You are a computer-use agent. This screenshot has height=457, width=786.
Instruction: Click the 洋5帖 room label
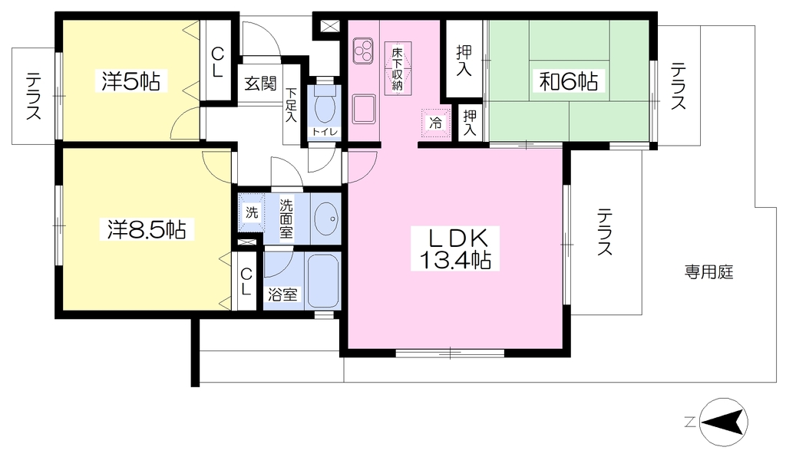point(130,81)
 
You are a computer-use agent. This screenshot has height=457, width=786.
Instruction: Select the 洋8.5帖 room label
point(147,230)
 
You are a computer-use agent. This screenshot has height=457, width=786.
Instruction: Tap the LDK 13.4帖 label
point(455,248)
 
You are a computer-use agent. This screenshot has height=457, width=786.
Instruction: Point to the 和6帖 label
point(569,81)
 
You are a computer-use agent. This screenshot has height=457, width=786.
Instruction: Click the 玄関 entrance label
point(261,84)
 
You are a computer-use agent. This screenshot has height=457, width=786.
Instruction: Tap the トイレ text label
point(325,132)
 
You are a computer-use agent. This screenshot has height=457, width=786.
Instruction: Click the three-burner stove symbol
point(363,51)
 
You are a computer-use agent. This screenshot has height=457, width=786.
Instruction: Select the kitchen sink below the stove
point(364,109)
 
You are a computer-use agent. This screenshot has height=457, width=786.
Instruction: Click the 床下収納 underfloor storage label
point(398,68)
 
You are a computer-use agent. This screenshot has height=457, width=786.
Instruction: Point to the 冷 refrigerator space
point(436,123)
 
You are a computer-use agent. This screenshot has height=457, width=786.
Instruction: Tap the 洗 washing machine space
point(252,212)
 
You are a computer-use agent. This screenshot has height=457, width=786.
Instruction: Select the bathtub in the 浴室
point(323,281)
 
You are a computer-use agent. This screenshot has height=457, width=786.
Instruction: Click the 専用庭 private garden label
point(708,272)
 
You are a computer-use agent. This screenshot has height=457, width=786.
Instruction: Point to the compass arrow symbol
point(723,422)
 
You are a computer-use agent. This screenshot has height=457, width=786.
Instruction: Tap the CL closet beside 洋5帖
point(217,61)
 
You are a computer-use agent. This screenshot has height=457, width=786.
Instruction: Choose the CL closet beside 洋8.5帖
point(246,281)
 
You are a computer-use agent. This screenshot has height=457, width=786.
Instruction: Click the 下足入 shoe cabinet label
point(291,105)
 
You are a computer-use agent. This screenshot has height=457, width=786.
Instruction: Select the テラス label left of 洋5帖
point(34,96)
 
